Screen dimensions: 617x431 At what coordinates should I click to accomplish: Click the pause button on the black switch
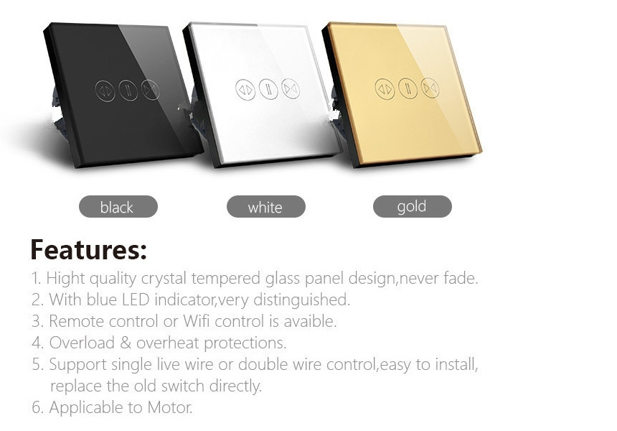click(x=128, y=91)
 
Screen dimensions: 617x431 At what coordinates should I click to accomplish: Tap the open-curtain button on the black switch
click(x=105, y=91)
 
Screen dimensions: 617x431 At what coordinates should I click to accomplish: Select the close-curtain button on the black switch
click(x=151, y=89)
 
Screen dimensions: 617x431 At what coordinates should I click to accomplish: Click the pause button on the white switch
click(x=268, y=88)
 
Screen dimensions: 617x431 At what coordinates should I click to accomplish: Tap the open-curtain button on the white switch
click(x=245, y=89)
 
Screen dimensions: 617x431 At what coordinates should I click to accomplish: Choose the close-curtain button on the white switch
click(x=291, y=88)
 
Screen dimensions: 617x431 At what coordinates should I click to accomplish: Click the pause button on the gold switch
click(x=408, y=88)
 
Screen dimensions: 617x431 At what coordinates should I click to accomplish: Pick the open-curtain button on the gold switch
click(x=385, y=89)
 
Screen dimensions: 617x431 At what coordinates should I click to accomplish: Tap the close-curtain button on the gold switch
click(x=430, y=88)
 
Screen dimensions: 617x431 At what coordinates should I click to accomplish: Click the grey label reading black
click(x=118, y=206)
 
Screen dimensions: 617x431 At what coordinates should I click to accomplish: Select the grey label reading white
click(x=266, y=206)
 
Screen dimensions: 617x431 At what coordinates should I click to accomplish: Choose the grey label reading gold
click(x=413, y=206)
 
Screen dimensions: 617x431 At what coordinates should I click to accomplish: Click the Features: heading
click(x=88, y=249)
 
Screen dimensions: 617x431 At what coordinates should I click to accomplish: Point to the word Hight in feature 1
click(x=66, y=279)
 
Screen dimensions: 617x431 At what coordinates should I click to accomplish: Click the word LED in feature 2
click(x=136, y=300)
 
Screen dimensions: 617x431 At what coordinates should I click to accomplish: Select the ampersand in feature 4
click(x=126, y=343)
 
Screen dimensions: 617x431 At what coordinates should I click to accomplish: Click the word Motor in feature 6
click(x=170, y=407)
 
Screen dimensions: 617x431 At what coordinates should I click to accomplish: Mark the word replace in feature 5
click(x=76, y=386)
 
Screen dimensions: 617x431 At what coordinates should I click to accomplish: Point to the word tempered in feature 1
click(x=226, y=279)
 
